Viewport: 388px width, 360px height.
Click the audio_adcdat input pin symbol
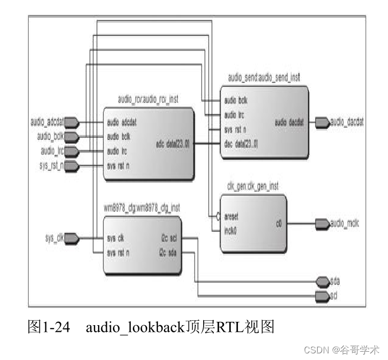pos(73,122)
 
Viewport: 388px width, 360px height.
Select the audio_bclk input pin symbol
pos(73,136)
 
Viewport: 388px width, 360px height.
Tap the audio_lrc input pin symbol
pos(73,150)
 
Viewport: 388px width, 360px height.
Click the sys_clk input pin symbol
pos(73,238)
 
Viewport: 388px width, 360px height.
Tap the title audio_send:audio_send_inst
pos(263,77)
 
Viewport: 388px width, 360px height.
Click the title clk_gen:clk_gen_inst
pos(252,186)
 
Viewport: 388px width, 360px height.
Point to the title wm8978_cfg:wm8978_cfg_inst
pos(142,207)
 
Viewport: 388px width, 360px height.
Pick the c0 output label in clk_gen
pos(279,224)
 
